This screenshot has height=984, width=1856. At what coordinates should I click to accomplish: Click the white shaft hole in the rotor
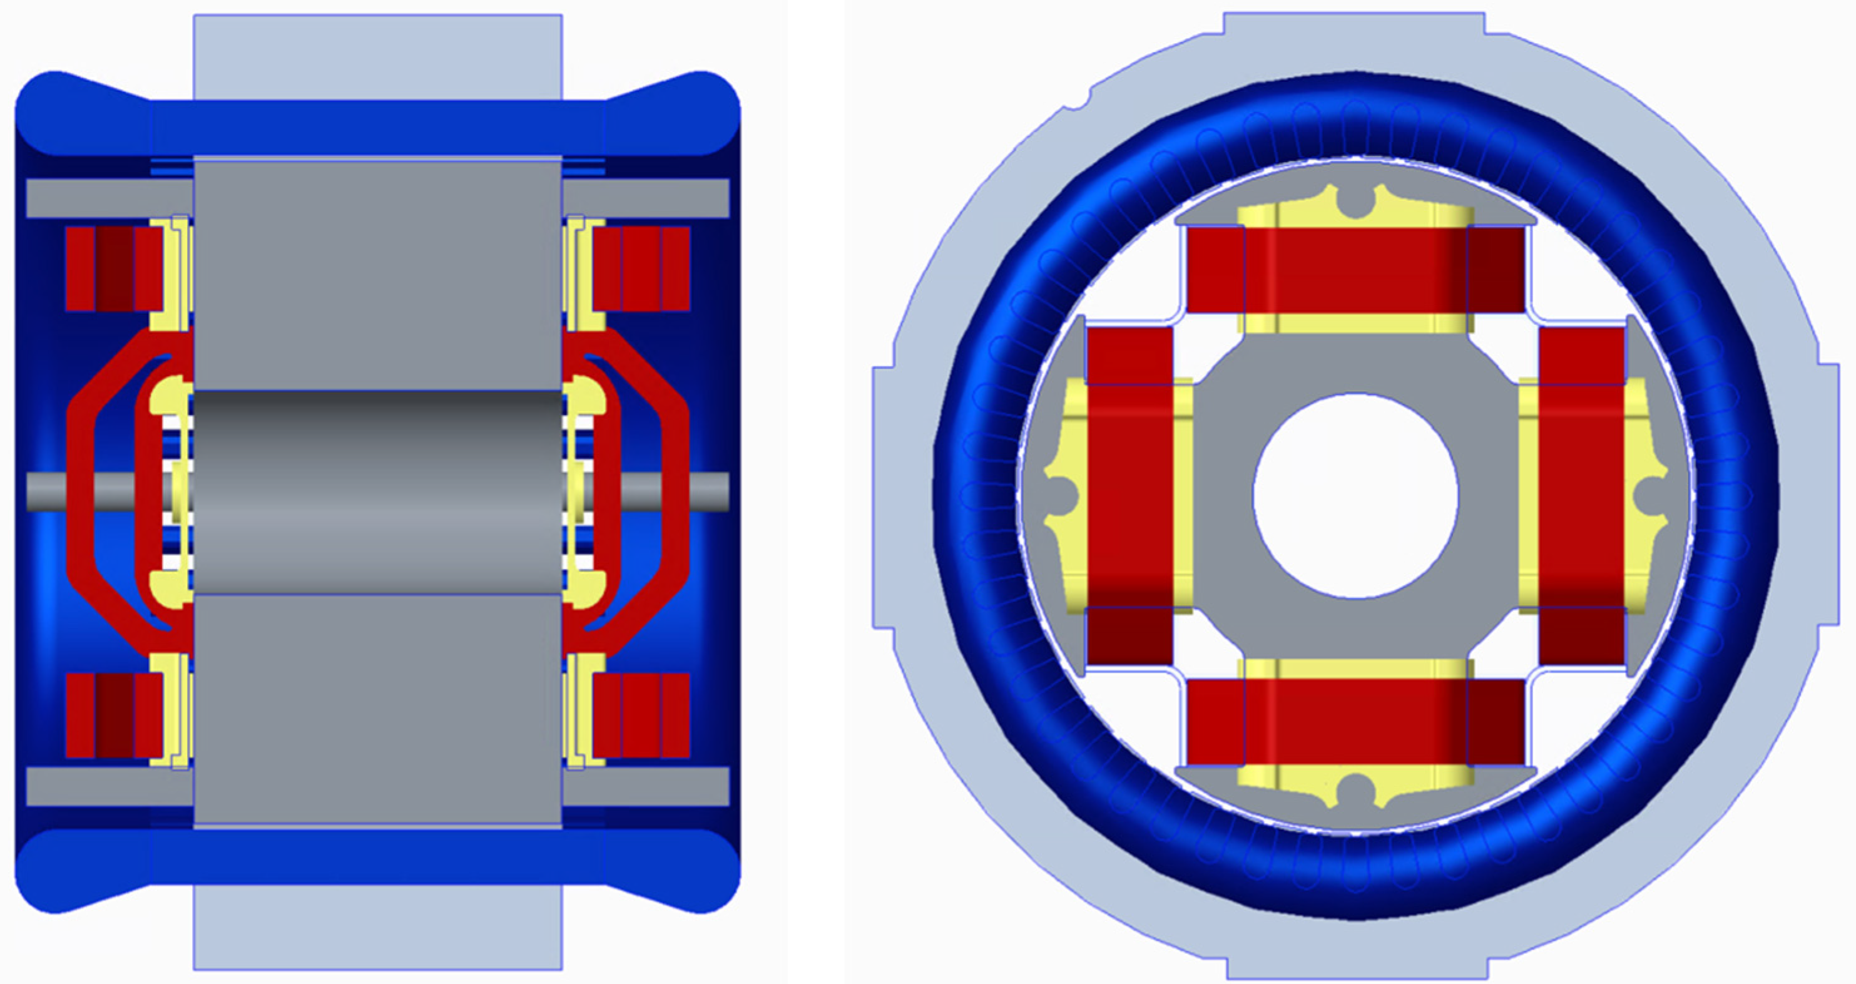tap(1355, 495)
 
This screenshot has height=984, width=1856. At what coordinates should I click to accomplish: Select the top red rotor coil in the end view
tap(1355, 270)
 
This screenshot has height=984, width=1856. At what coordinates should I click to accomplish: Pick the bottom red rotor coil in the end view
tap(1355, 722)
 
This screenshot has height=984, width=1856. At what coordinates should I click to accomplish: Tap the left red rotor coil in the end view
tap(1129, 495)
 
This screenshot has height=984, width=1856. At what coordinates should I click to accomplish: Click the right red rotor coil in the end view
tap(1582, 495)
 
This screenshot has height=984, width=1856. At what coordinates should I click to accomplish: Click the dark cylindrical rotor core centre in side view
tap(377, 493)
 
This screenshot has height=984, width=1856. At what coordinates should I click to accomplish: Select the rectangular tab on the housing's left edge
tap(885, 496)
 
